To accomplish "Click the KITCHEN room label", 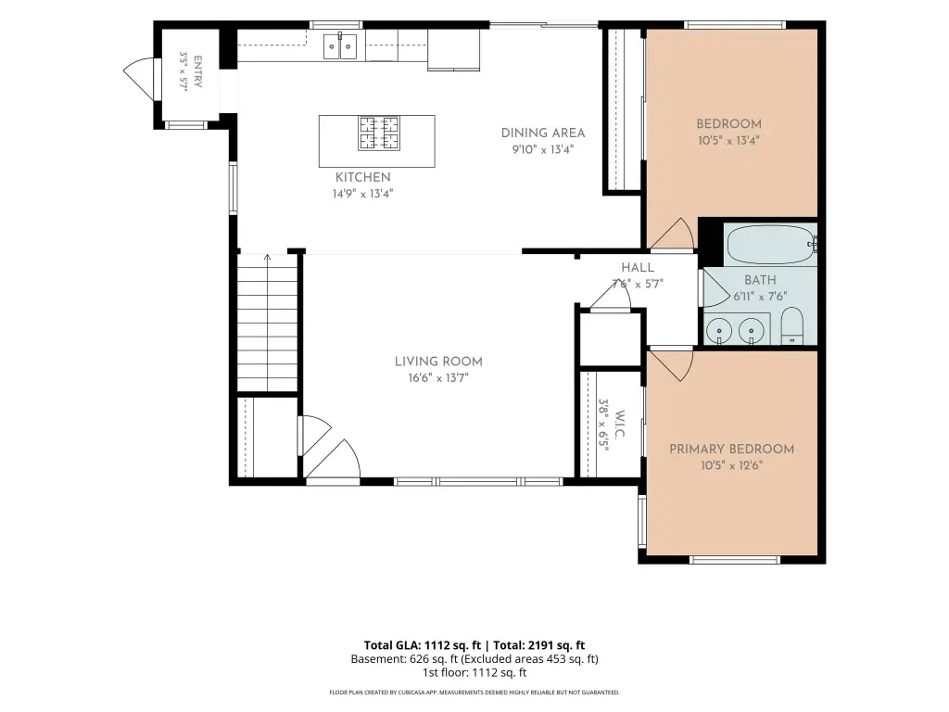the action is point(363,177).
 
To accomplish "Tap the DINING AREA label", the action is point(543,133).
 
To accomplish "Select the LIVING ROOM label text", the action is point(438,362).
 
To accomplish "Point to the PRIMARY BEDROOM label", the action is point(732,450).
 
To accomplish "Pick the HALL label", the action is point(638,268).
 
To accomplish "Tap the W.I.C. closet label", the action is point(620,425).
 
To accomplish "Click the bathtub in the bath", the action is point(770,245).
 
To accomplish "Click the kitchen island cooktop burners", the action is point(379,133).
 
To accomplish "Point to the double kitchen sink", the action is point(340,46).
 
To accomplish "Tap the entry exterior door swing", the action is point(140,80).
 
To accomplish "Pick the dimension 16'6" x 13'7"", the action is point(438,378).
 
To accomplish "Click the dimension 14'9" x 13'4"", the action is point(363,194).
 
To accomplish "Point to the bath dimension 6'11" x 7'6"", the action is point(760,296).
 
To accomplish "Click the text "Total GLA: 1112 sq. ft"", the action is point(423,645).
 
